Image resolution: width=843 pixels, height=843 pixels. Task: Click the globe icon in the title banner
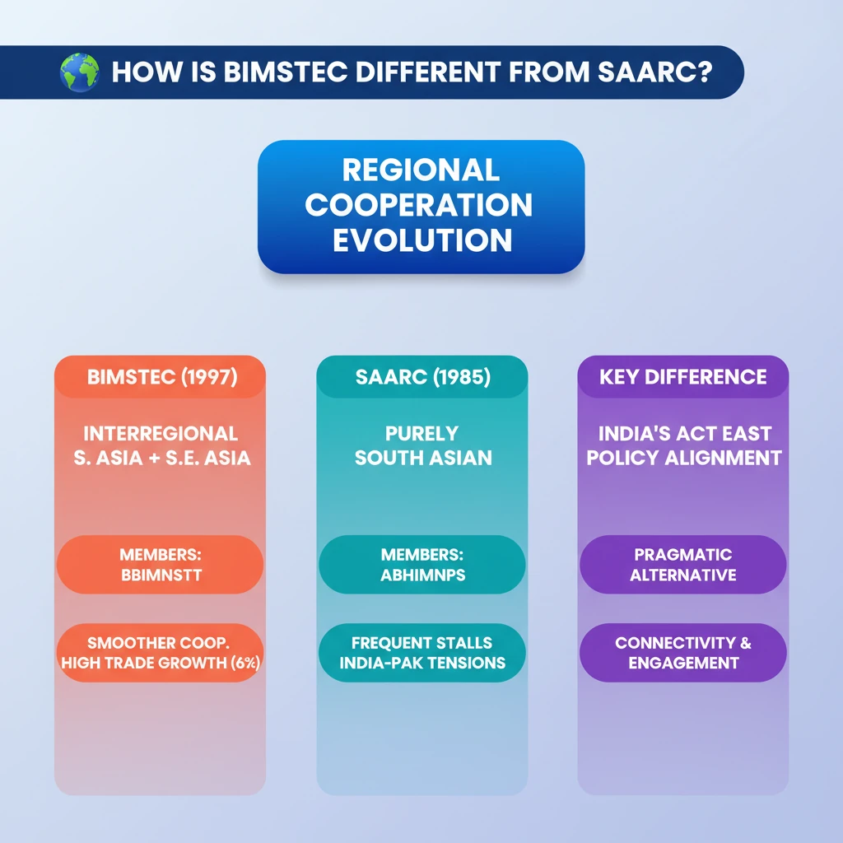(80, 72)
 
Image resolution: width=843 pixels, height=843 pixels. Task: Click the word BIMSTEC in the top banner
(285, 72)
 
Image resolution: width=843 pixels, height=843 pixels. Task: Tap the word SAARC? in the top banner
(654, 72)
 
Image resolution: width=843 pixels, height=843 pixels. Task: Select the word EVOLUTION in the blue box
(422, 240)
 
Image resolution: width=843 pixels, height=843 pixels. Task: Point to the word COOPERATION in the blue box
(419, 205)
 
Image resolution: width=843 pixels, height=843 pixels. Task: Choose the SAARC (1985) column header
(422, 377)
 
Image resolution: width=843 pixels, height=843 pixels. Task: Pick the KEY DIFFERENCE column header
(682, 377)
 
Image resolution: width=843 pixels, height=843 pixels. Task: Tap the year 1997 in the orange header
(208, 377)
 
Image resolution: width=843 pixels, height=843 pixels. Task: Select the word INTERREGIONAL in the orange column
(161, 433)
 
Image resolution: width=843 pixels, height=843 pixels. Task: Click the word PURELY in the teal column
(422, 433)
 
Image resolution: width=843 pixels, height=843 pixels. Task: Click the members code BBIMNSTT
(161, 575)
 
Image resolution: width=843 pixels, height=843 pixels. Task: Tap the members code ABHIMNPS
(423, 575)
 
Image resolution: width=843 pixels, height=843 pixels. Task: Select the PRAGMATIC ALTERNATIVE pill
(682, 565)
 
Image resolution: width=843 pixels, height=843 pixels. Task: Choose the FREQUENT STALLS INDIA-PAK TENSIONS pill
(422, 653)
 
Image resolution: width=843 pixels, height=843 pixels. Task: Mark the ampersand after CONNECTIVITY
(746, 643)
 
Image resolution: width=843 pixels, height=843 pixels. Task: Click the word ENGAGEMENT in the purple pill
(683, 663)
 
